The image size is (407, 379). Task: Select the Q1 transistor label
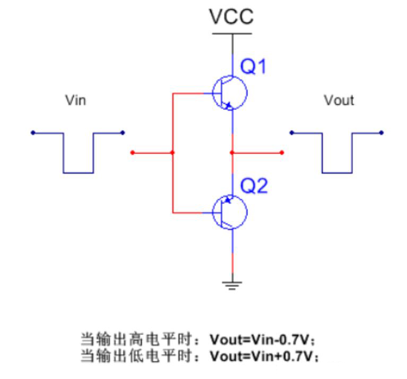[x=253, y=67]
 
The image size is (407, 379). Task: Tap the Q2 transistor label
[x=254, y=186]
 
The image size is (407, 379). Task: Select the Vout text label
[x=339, y=100]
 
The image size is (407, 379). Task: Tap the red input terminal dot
[x=132, y=153]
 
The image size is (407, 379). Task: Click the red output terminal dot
[x=281, y=153]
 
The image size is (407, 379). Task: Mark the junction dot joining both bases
[x=172, y=153]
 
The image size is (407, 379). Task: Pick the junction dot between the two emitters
[x=232, y=153]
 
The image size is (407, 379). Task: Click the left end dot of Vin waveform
[x=33, y=133]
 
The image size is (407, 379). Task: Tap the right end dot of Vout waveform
[x=381, y=133]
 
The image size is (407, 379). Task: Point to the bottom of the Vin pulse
[x=79, y=173]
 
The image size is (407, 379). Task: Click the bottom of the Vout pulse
[x=336, y=173]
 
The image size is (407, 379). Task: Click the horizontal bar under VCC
[x=232, y=34]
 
